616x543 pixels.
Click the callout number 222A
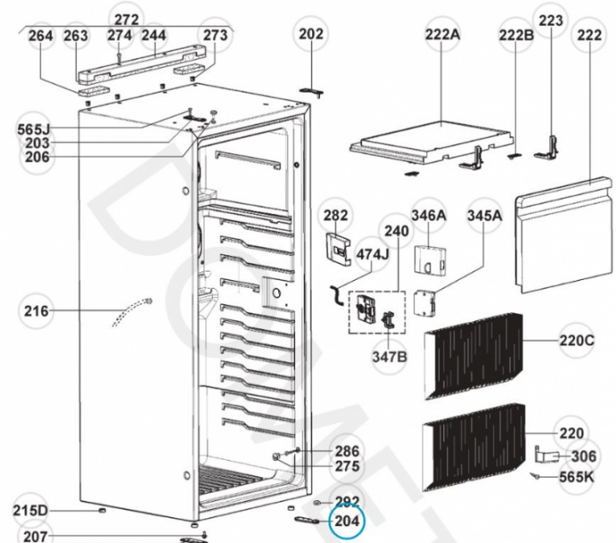pos(442,34)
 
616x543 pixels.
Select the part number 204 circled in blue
pos(346,521)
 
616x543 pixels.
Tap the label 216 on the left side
pos(37,311)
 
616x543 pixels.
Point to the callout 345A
pos(484,216)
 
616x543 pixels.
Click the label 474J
pos(372,254)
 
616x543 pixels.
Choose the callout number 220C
pos(577,340)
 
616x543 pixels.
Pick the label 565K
pos(577,477)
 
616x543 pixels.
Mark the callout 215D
pos(30,510)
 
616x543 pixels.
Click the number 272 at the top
pos(127,20)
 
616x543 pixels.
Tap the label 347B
pos(390,357)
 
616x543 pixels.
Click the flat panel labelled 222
pos(564,236)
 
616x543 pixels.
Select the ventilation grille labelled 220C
pos(474,355)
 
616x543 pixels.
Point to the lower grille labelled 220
pos(474,447)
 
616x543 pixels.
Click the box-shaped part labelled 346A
pos(430,260)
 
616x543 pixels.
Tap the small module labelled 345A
pos(425,302)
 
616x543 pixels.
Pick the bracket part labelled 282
pos(338,248)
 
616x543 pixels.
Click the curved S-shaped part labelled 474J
pos(337,295)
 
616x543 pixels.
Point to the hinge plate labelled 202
pos(311,92)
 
